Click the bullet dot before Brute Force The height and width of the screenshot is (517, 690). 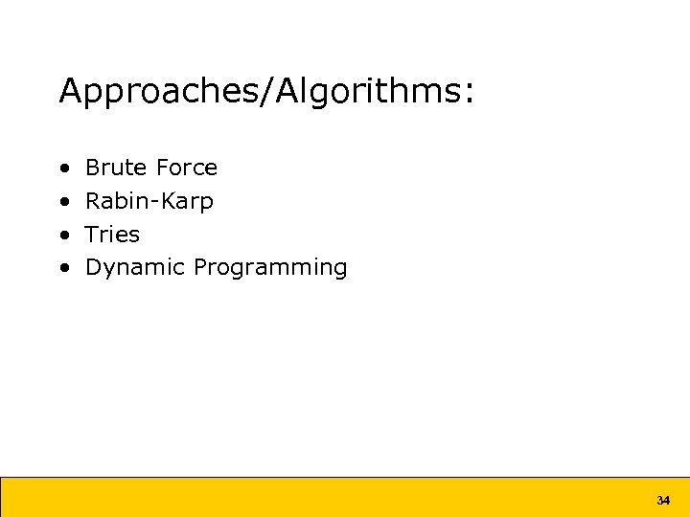pos(63,169)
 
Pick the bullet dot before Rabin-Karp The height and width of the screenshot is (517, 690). pos(63,202)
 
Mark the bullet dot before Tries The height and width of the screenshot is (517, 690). pos(63,236)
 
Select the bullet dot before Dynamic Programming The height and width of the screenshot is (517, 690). pos(63,268)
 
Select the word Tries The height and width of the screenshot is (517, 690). pos(112,235)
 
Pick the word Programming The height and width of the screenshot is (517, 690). pos(270,268)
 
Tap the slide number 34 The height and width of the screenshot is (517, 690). pos(663,501)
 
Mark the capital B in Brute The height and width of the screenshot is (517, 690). pos(92,169)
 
